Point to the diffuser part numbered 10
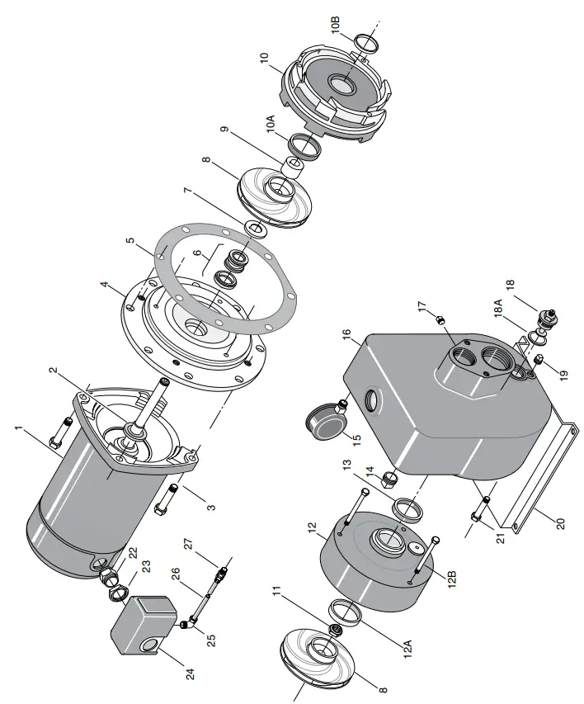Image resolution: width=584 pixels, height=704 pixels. (335, 94)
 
